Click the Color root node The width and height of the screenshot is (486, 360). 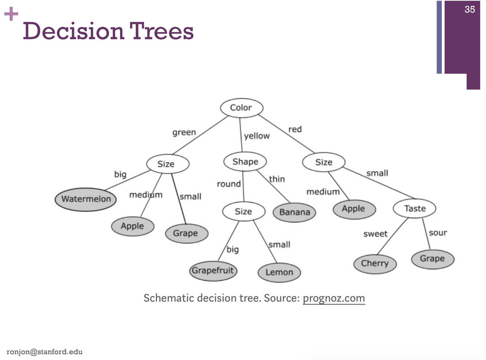pos(241,108)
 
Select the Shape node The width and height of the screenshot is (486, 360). pos(245,162)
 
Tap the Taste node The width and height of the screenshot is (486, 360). pos(415,209)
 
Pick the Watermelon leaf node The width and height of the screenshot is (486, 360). pos(86,198)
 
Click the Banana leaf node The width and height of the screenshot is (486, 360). pos(295,212)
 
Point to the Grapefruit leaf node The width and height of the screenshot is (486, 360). pos(213,270)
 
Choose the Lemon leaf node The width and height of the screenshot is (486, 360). pos(279,272)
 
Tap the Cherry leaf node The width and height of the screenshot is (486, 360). pos(375,263)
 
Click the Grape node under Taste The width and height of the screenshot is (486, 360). pos(432,258)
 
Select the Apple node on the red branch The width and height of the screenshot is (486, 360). pos(353,209)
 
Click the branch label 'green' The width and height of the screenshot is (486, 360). pos(184,132)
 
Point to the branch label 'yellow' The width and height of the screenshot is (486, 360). pos(257,136)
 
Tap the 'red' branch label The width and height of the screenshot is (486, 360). pos(295,129)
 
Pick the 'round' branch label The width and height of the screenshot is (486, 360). pos(229,184)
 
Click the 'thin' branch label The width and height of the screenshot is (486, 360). pos(277,179)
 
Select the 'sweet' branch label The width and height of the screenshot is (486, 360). pos(375,234)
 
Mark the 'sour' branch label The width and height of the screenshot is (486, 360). pos(437,233)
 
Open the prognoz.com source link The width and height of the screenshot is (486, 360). pos(333,298)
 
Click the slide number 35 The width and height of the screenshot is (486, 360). pos(469,9)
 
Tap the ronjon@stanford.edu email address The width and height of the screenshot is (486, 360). pos(41,351)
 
